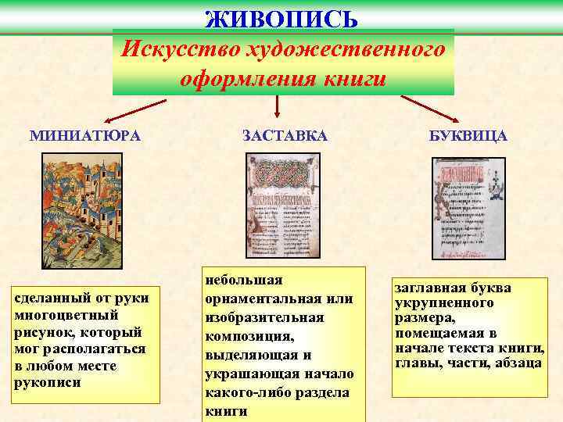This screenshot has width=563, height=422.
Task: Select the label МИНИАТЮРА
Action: (85, 135)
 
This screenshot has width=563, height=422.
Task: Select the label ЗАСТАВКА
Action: (285, 135)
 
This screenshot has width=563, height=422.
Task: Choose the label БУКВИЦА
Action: (468, 135)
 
